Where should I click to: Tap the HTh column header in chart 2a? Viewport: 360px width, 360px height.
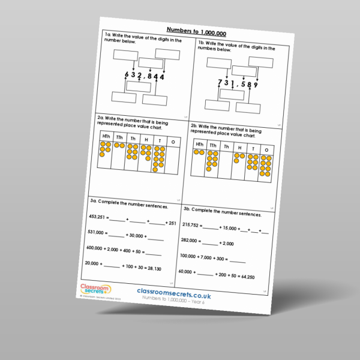tap(106, 137)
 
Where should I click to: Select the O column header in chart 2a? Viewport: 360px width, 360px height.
tap(173, 142)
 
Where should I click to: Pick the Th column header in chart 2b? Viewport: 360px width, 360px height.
tap(226, 146)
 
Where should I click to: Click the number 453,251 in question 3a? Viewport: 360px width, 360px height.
tap(98, 217)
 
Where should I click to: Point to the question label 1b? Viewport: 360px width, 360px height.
tap(201, 44)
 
